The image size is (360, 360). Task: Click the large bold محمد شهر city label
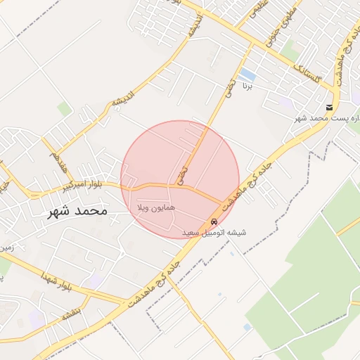point(78,210)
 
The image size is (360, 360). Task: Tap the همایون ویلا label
point(151,208)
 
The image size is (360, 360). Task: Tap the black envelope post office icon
point(330,108)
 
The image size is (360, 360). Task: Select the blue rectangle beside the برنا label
point(247,74)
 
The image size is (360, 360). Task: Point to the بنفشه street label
point(71,309)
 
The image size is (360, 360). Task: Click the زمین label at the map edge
point(7,248)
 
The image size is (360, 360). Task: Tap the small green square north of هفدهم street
point(65,109)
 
